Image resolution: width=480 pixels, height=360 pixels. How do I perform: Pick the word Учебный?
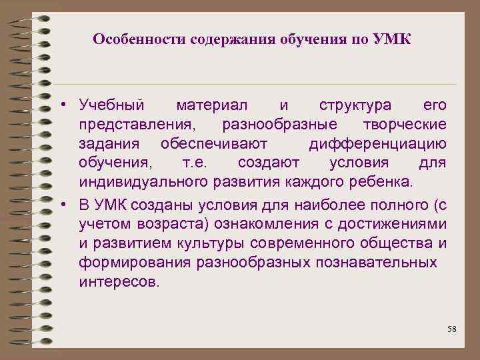point(111,105)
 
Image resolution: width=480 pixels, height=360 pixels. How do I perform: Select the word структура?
point(355,105)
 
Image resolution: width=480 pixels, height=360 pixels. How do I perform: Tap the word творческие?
point(405,125)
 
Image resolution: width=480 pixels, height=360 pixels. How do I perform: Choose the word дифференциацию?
point(378,144)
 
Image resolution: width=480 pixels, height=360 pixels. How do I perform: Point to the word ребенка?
point(385,183)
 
